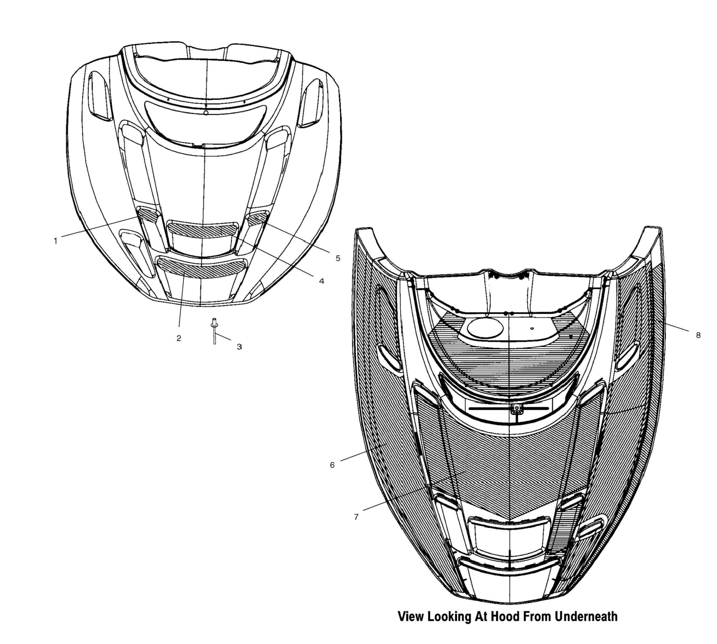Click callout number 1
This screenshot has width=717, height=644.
pyautogui.click(x=55, y=241)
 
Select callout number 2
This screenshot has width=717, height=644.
pyautogui.click(x=179, y=338)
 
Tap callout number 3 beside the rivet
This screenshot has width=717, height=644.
pyautogui.click(x=239, y=347)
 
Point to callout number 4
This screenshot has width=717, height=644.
pyautogui.click(x=321, y=281)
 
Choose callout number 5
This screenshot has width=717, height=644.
pyautogui.click(x=338, y=258)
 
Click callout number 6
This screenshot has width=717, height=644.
pyautogui.click(x=332, y=465)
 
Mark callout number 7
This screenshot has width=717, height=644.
pyautogui.click(x=356, y=517)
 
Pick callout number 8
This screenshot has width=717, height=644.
pyautogui.click(x=698, y=335)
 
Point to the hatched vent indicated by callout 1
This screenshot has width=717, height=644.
pyautogui.click(x=147, y=215)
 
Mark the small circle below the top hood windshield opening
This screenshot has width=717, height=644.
pyautogui.click(x=206, y=113)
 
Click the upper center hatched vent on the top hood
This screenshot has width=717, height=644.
pyautogui.click(x=203, y=230)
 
